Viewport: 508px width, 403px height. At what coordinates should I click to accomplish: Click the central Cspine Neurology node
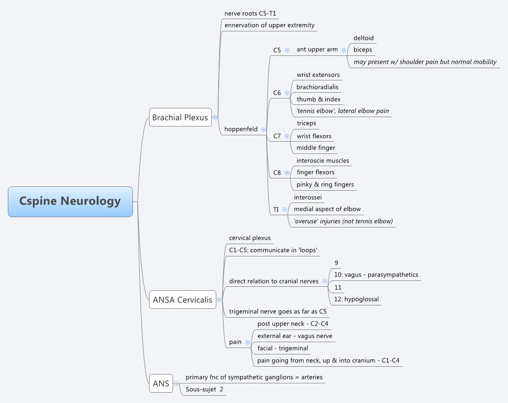click(x=70, y=201)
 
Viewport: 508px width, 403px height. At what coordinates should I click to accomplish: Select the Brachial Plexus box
click(x=180, y=117)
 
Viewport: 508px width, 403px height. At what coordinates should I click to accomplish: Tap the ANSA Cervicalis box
click(x=182, y=300)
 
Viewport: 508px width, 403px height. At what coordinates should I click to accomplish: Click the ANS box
click(x=161, y=383)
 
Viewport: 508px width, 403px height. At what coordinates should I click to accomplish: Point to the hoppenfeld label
click(x=241, y=129)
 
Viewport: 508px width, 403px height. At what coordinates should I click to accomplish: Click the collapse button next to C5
click(x=287, y=50)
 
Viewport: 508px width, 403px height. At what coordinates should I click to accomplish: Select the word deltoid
click(x=363, y=38)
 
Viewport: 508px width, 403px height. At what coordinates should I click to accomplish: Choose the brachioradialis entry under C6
click(x=317, y=87)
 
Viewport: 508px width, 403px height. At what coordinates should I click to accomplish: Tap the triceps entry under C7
click(x=306, y=123)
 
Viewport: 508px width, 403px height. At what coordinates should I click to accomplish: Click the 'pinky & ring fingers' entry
click(x=325, y=184)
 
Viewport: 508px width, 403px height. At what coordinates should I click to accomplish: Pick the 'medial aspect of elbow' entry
click(x=327, y=209)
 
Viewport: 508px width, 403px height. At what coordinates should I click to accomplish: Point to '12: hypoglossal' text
click(x=356, y=299)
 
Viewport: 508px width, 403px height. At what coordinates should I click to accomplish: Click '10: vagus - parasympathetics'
click(x=376, y=275)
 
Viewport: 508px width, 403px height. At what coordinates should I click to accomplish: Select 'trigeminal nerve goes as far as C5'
click(x=278, y=311)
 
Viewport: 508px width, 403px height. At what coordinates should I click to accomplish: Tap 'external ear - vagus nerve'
click(x=295, y=336)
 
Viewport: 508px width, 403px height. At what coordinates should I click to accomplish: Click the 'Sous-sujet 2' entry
click(x=204, y=389)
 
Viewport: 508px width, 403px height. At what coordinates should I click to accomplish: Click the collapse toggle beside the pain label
click(x=248, y=342)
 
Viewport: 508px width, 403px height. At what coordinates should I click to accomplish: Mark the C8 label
click(x=277, y=173)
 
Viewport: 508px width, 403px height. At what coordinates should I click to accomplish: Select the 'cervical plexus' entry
click(x=250, y=238)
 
